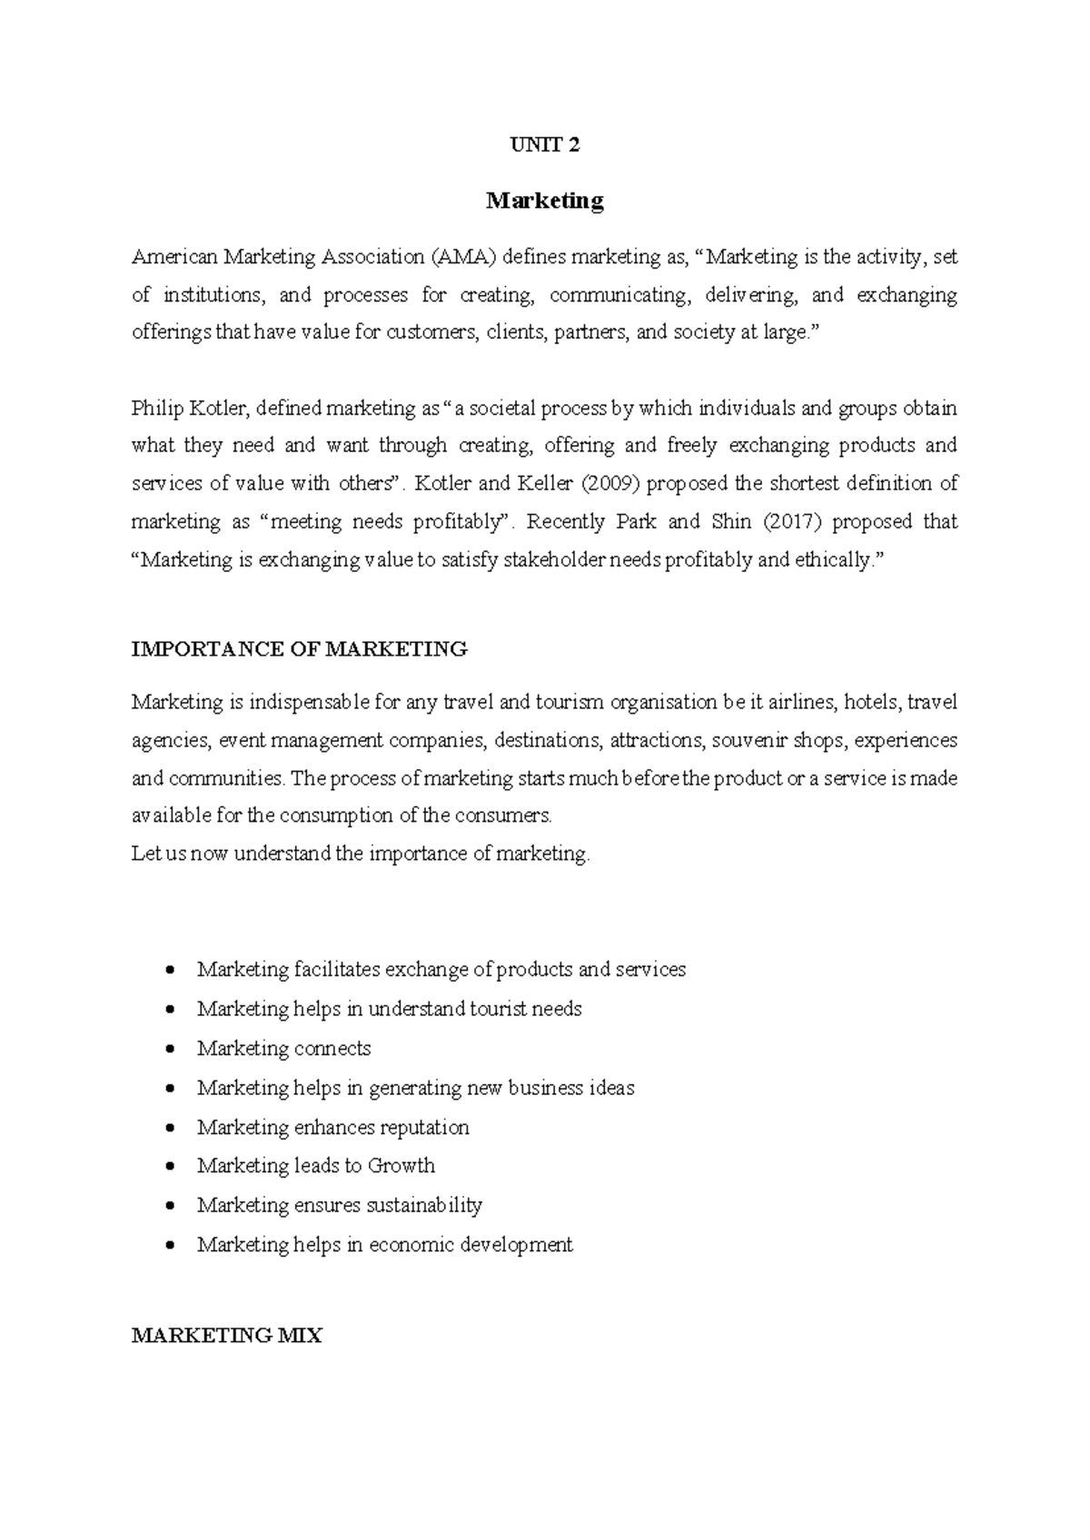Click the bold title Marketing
point(545,201)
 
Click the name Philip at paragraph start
point(157,409)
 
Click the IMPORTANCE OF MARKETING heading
point(299,649)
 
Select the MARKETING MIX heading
point(227,1336)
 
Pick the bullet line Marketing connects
point(283,1049)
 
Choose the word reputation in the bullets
point(424,1128)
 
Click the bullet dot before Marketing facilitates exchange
point(171,971)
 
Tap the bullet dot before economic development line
point(171,1246)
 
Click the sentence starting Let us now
point(361,854)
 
